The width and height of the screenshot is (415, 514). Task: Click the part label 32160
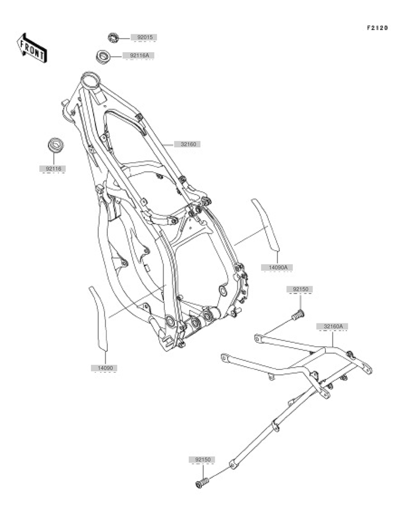tap(187, 144)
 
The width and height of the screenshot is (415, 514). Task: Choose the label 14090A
tap(277, 268)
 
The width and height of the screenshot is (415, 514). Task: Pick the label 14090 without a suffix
tap(103, 367)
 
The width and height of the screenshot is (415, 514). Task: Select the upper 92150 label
tap(299, 289)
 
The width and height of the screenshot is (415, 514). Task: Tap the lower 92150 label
tap(203, 460)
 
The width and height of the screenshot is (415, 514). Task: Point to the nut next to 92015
tap(113, 38)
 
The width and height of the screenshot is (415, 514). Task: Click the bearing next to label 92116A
tap(102, 55)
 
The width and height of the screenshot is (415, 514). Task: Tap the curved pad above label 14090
tap(99, 318)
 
